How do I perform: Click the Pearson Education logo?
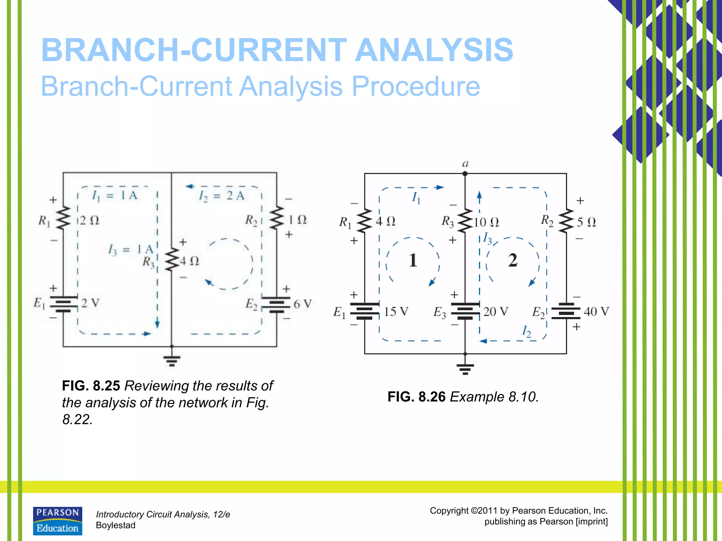(57, 521)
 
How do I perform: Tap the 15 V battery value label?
(396, 312)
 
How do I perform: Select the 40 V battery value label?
(596, 312)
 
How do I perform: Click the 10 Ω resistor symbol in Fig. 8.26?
(465, 221)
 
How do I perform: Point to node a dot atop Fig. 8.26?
(465, 174)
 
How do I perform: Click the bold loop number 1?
(413, 261)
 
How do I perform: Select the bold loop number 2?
(513, 261)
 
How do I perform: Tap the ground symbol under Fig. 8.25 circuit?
(172, 360)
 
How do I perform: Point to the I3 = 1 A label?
(130, 250)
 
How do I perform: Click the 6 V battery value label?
(302, 304)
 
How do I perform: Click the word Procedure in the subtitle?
(416, 86)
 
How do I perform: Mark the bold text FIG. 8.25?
(91, 386)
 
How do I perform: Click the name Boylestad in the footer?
(116, 526)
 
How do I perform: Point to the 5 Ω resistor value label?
(586, 222)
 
